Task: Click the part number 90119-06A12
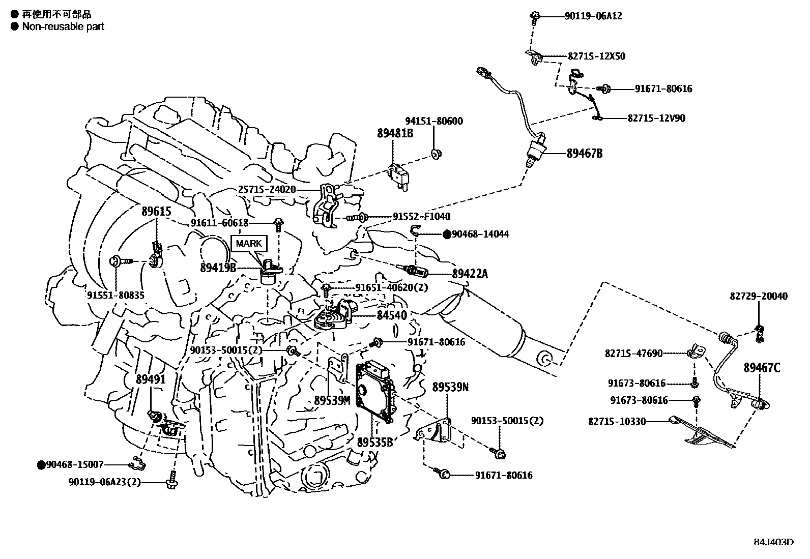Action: click(593, 16)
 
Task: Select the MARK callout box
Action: click(249, 244)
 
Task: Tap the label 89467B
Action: click(585, 153)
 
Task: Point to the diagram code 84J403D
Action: click(773, 542)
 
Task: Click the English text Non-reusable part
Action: click(63, 26)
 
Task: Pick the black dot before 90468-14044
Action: click(446, 234)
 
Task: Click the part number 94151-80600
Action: click(434, 122)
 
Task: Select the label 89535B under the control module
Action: click(375, 442)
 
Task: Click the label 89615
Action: click(156, 212)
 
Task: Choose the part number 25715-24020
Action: click(267, 190)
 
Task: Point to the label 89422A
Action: click(470, 274)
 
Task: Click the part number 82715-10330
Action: click(617, 421)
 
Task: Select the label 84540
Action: click(392, 315)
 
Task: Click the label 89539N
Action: click(450, 387)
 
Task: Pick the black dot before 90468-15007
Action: click(41, 464)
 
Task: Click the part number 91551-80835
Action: click(115, 295)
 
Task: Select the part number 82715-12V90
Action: click(656, 118)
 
